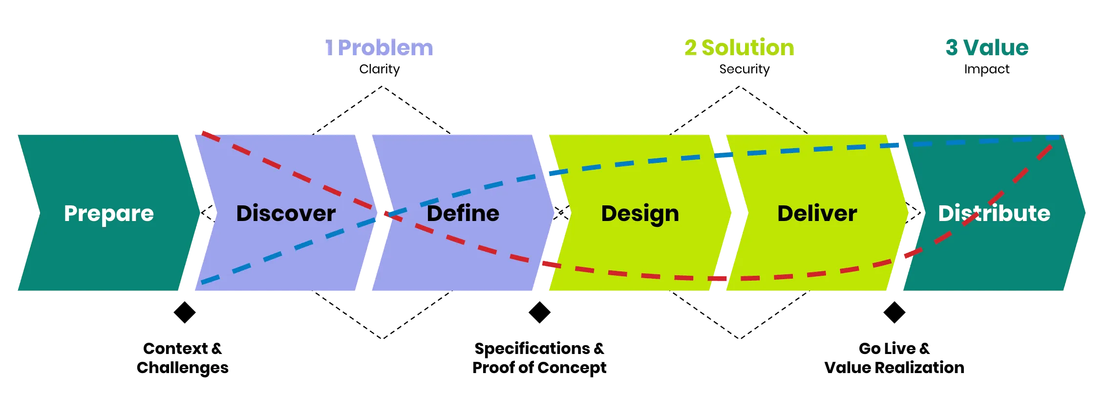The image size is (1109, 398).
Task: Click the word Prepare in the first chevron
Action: pos(109,214)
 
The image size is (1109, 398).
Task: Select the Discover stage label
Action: pos(286,214)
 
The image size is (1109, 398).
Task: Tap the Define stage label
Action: pos(463,214)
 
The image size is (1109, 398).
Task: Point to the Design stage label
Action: pos(640,214)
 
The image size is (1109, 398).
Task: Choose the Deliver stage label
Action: pos(817,214)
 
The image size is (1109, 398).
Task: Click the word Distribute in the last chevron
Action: pos(994,214)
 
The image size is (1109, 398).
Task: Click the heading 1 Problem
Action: pos(379,48)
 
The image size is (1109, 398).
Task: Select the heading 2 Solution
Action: pos(739,48)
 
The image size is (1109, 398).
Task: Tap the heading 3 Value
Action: pos(987,48)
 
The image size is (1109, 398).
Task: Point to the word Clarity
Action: pos(380,69)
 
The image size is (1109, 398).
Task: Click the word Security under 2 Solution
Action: pos(744,69)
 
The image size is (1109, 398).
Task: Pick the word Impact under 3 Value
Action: pos(987,69)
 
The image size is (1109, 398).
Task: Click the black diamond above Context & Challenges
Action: pos(184,312)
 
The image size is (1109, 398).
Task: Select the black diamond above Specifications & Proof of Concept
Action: pos(539,312)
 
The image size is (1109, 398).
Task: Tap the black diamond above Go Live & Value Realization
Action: pos(895,312)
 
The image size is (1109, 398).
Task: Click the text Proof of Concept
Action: pos(540,368)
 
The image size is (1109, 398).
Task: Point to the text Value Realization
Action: pos(895,368)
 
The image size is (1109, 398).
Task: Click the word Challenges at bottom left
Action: pos(183,368)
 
